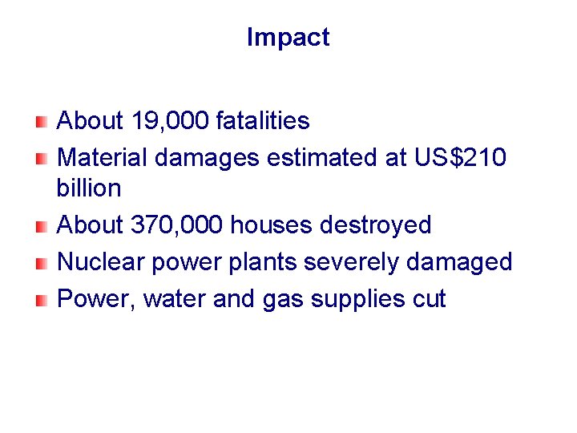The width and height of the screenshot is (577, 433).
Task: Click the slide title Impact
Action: pos(288,38)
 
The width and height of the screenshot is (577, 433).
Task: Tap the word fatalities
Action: pos(263,121)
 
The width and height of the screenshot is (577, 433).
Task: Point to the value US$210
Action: pos(460,157)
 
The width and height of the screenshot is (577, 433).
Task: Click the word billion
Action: pos(89,188)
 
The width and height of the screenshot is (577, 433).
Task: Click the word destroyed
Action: pos(376,225)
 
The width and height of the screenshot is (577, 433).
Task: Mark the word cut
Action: pos(428,299)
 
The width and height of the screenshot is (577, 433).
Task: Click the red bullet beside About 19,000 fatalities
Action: pos(41,122)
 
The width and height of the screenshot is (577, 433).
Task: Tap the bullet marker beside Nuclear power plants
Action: pos(41,262)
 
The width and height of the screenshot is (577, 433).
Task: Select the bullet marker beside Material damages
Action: pos(41,158)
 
